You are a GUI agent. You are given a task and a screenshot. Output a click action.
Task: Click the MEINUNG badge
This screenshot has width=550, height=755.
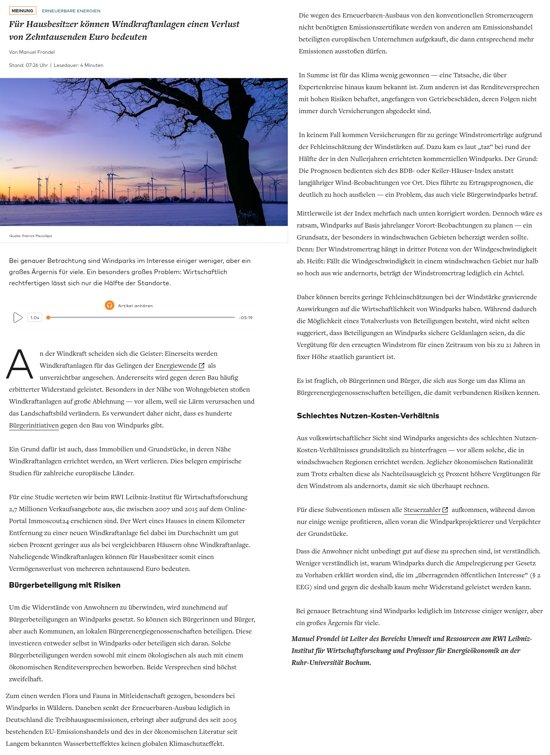click(23, 11)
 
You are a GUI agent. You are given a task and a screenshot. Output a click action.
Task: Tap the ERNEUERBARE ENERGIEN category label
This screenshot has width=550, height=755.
click(71, 11)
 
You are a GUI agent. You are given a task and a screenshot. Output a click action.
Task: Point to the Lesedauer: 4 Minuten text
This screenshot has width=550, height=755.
click(79, 65)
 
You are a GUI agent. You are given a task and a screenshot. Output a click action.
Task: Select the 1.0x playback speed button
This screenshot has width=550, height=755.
click(35, 318)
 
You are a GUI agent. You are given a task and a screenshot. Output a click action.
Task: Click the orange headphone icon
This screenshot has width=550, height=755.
click(110, 305)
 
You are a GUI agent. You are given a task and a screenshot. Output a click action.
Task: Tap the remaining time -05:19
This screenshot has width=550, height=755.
click(246, 318)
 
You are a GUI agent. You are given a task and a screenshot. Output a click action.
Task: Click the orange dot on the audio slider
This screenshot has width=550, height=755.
click(48, 318)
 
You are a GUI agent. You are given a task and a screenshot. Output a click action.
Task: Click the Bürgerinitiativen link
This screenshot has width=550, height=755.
click(34, 426)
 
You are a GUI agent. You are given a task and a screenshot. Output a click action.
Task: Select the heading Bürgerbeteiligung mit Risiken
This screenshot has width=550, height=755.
click(65, 585)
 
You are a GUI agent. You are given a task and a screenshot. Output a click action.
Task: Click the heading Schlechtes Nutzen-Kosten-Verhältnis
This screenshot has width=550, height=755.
click(367, 416)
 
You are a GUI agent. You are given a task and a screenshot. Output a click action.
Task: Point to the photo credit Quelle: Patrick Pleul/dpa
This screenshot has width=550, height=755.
click(31, 236)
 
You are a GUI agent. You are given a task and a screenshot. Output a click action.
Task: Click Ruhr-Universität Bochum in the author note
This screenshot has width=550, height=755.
click(331, 663)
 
